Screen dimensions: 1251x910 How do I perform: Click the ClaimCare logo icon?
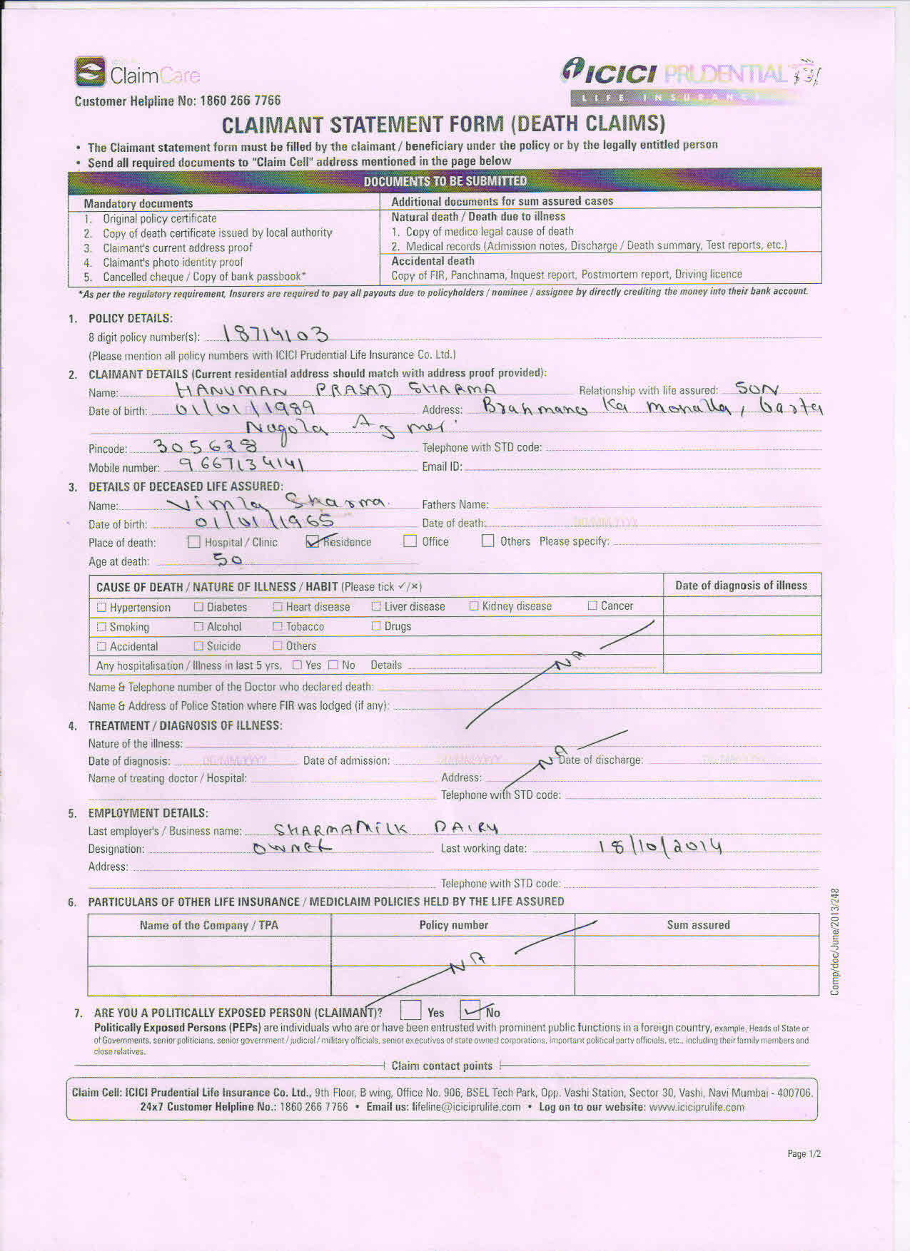[90, 72]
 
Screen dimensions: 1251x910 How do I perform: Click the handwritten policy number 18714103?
[276, 334]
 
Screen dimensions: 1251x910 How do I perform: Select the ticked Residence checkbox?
[313, 541]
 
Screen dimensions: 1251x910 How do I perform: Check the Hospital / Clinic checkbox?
[194, 542]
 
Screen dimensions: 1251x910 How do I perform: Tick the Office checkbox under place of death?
[410, 541]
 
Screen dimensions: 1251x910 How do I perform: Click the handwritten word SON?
[757, 389]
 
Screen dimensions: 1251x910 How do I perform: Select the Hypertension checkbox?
[101, 608]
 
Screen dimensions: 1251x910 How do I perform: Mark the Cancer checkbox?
[592, 606]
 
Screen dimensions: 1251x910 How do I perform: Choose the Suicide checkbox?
[198, 646]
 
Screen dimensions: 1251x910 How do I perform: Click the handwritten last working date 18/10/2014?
[660, 847]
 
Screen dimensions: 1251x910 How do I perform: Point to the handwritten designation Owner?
[292, 848]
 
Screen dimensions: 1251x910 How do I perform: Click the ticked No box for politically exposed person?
[471, 1011]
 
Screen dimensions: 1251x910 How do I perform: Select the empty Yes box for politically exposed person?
[410, 1011]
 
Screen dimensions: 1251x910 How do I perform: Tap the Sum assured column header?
[698, 925]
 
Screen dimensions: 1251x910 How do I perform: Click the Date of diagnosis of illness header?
[741, 586]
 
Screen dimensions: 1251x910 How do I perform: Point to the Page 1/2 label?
[804, 1153]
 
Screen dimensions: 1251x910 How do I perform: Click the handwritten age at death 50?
[228, 561]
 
